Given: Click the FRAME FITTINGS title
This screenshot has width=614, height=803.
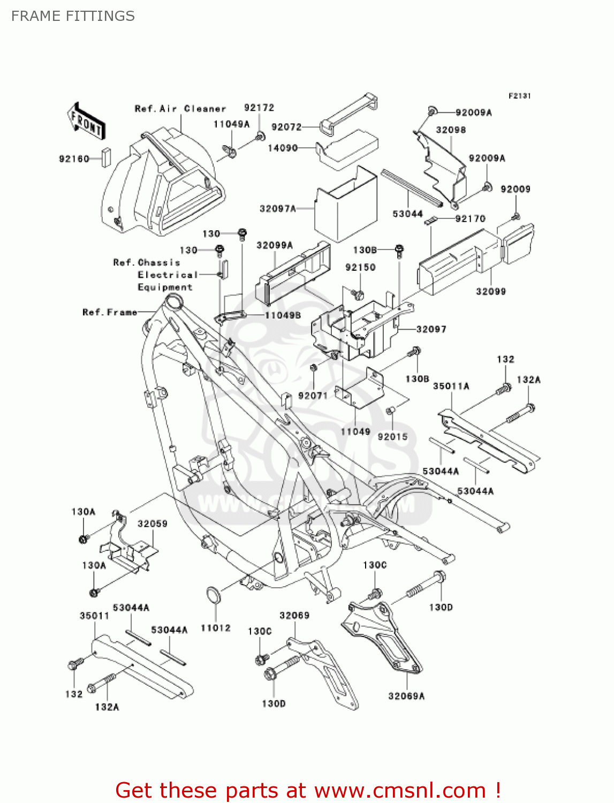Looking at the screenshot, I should (73, 16).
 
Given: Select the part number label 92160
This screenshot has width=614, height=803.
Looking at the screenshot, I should (74, 159).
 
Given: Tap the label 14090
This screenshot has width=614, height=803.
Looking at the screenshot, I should (283, 148).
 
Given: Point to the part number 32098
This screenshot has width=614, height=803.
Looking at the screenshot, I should (451, 130).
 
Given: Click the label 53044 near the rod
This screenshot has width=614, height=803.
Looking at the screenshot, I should (407, 214).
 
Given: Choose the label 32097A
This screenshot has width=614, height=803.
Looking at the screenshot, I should (278, 208).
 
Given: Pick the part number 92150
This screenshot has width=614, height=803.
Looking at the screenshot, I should (360, 267).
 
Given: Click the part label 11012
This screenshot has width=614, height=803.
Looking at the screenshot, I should (215, 627).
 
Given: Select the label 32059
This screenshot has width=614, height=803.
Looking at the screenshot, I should (152, 524).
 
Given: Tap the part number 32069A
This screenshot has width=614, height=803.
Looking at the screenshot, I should (406, 696).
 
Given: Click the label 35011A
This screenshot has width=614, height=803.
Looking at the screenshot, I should (451, 386).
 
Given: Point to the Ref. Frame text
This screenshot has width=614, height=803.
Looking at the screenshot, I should (110, 312).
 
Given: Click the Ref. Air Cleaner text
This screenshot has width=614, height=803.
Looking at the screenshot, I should (180, 109).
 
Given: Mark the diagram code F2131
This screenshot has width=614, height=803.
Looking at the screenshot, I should (519, 96).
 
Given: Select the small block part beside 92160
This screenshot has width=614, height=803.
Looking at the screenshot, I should (106, 158).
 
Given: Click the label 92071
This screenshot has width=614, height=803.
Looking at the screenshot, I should (313, 396).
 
